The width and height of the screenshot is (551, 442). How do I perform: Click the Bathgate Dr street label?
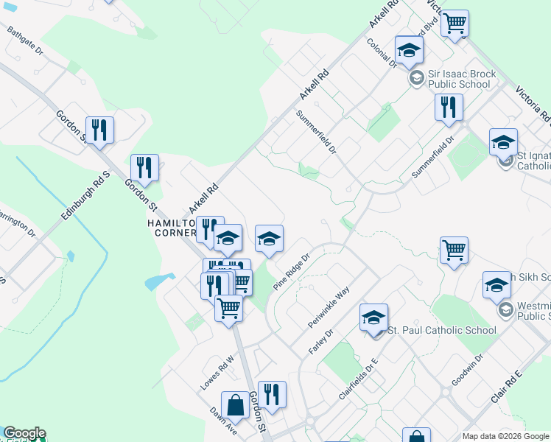(x=25, y=43)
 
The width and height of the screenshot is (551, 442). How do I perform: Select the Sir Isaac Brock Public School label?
(x=460, y=79)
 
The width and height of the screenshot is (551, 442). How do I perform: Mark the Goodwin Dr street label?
(x=467, y=369)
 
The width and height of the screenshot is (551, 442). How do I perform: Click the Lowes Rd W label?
(x=217, y=373)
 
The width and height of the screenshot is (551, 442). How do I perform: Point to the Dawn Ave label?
(x=222, y=421)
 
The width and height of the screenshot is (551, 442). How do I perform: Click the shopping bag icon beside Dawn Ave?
(x=235, y=405)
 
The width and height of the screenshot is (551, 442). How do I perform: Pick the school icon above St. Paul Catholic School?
(x=373, y=318)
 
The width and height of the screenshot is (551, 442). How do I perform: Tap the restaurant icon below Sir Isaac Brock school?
(x=448, y=108)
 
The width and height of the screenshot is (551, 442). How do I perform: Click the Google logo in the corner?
(x=24, y=433)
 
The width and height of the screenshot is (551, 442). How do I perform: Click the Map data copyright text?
(x=506, y=436)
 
